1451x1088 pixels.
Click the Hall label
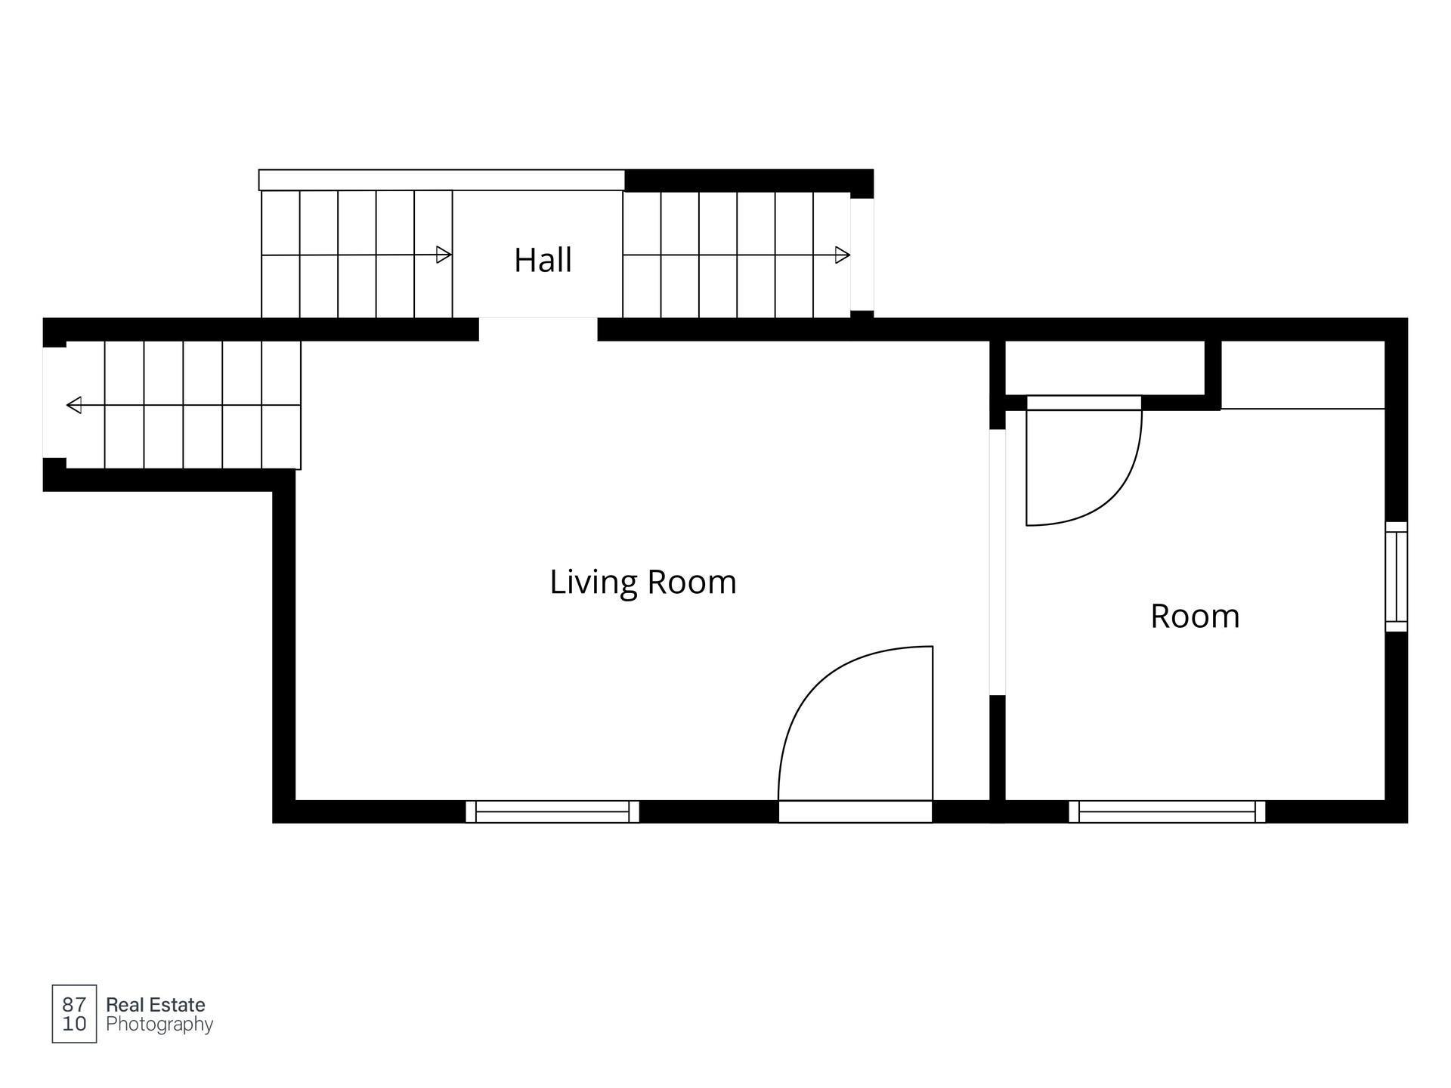click(543, 260)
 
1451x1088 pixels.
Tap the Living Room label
click(643, 583)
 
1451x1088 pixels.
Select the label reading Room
click(1195, 616)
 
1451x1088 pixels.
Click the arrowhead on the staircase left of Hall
click(444, 255)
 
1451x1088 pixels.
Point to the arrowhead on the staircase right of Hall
click(843, 255)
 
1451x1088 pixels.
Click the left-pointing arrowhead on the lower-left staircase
click(74, 406)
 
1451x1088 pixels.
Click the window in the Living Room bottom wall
click(552, 811)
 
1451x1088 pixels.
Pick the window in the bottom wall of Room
click(1167, 811)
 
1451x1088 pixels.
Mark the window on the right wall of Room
click(1397, 576)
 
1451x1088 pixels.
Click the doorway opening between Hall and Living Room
click(538, 329)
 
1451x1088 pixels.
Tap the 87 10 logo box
click(74, 1014)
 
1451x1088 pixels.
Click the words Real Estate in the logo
click(156, 1005)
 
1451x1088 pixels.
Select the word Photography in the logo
click(159, 1025)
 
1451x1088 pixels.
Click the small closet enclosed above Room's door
click(1105, 368)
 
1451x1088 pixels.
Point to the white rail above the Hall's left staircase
click(442, 180)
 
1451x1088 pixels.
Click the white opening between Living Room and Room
click(998, 562)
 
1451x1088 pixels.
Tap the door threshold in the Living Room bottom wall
click(855, 811)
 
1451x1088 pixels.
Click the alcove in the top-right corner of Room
click(1303, 375)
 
